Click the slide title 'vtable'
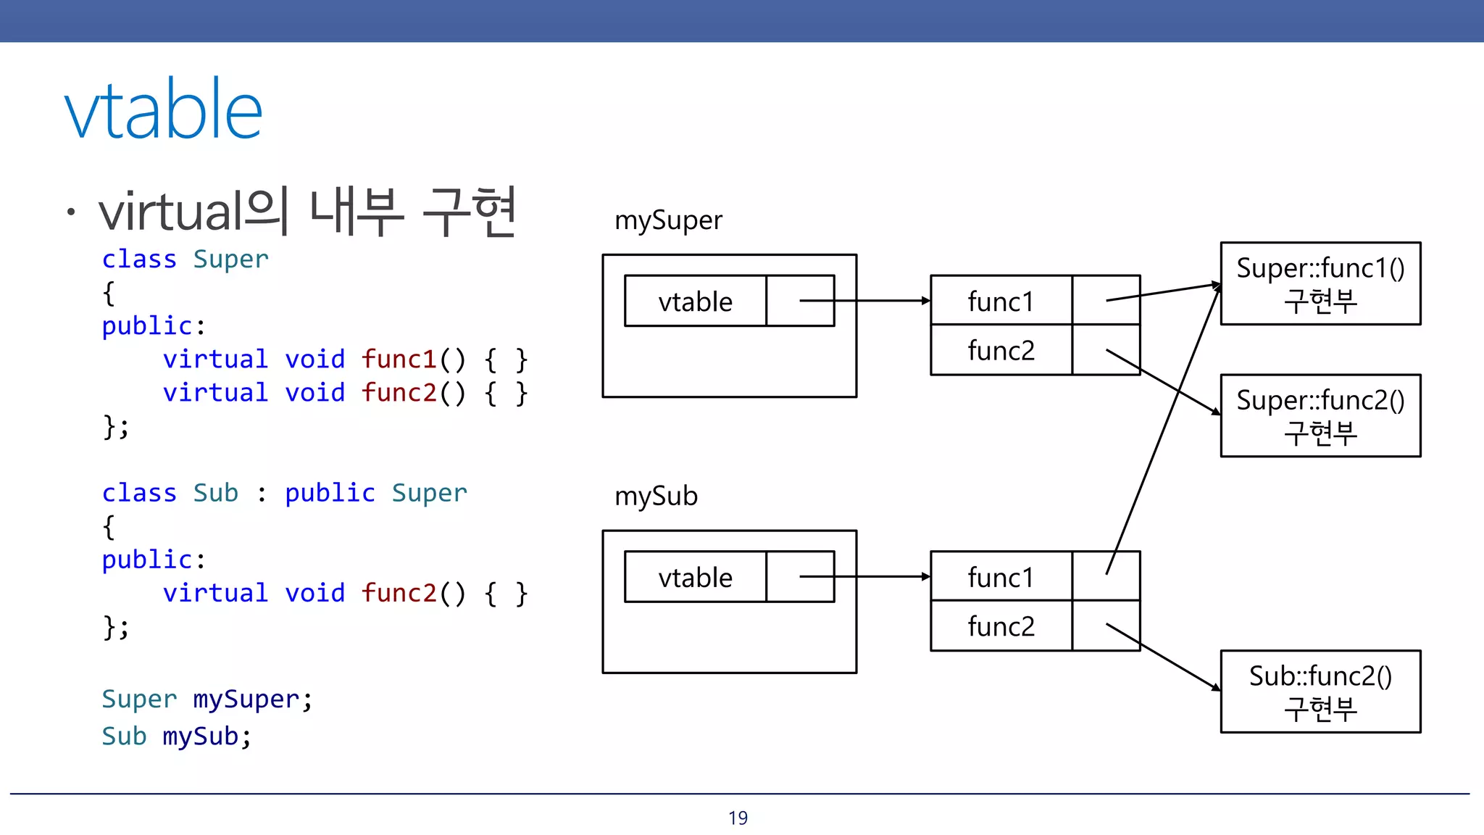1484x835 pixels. pyautogui.click(x=164, y=110)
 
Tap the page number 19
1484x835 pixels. pyautogui.click(x=738, y=818)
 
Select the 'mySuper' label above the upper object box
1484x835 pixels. pyautogui.click(x=668, y=220)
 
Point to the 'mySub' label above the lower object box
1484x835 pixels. pyautogui.click(x=656, y=497)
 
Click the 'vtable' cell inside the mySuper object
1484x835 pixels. pyautogui.click(x=695, y=302)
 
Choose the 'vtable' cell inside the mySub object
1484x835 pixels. pyautogui.click(x=695, y=578)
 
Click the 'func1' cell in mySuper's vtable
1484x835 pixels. pyautogui.click(x=1001, y=302)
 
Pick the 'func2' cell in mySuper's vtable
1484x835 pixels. pyautogui.click(x=1001, y=351)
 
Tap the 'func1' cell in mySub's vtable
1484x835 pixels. pyautogui.click(x=1001, y=578)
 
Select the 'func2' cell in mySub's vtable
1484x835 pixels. pyautogui.click(x=1001, y=626)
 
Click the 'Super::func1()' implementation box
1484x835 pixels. pyautogui.click(x=1320, y=283)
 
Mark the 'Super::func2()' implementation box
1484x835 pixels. pyautogui.click(x=1320, y=415)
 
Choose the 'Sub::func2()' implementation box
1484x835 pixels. pyautogui.click(x=1320, y=691)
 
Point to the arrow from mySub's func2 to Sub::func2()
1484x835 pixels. pyautogui.click(x=1163, y=657)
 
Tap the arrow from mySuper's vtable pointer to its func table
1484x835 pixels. pyautogui.click(x=884, y=300)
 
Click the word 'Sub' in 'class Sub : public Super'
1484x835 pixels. pyautogui.click(x=215, y=493)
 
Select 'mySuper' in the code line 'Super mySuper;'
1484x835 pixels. pyautogui.click(x=246, y=699)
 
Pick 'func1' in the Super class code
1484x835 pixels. pyautogui.click(x=399, y=360)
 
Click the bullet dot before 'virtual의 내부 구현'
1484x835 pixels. pyautogui.click(x=70, y=212)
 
